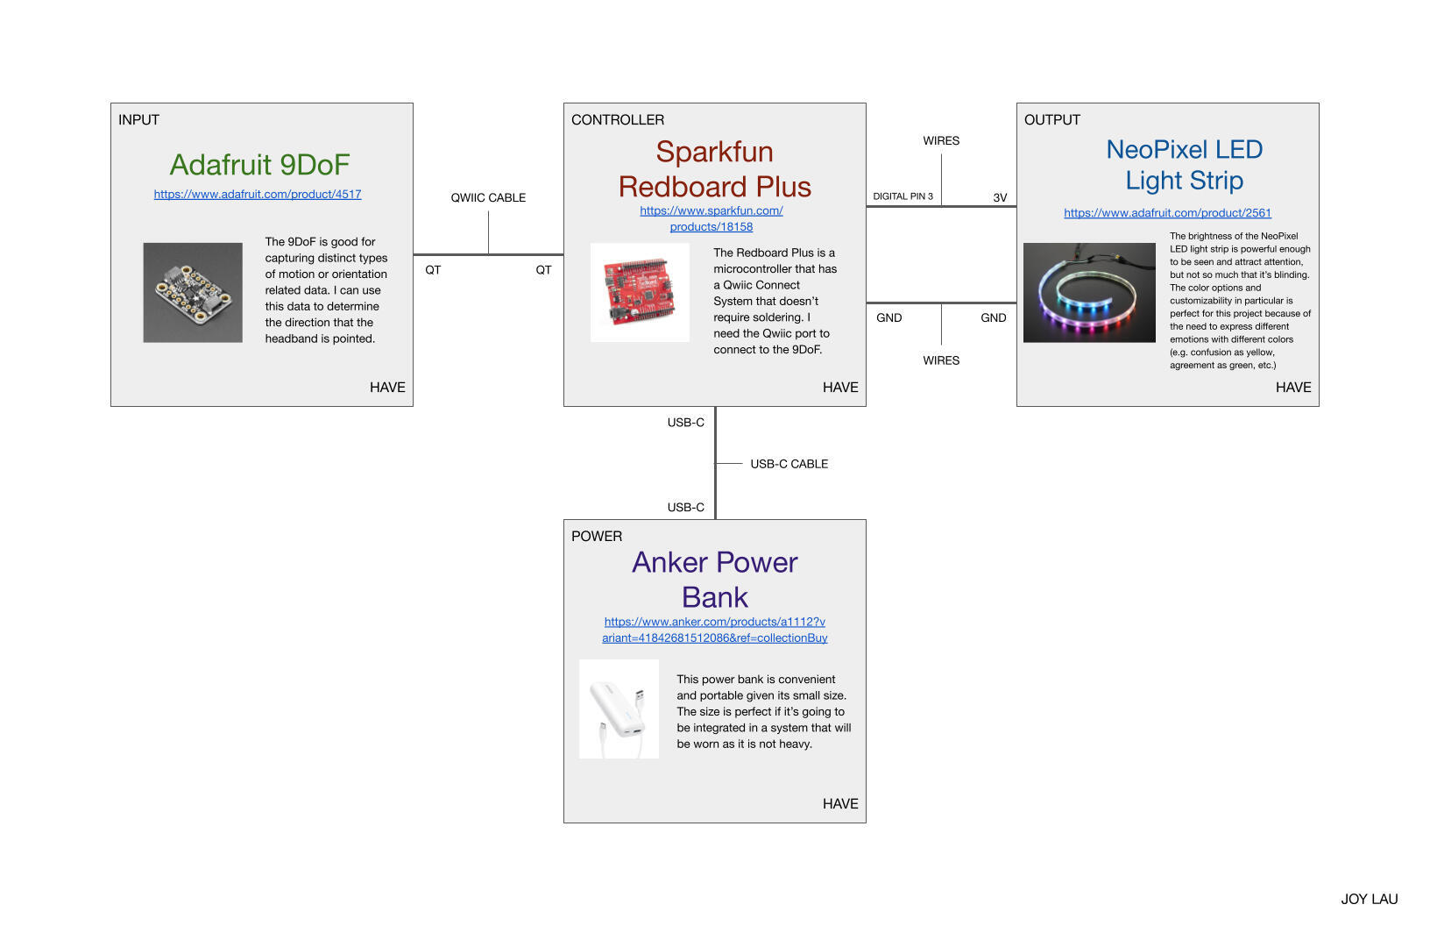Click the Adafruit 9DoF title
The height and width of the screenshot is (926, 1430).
[259, 165]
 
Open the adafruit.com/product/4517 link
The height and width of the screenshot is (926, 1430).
[258, 194]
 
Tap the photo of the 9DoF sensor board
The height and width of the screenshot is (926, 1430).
[193, 292]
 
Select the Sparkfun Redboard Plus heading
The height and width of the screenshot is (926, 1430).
[714, 169]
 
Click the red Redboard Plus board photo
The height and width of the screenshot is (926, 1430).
[640, 292]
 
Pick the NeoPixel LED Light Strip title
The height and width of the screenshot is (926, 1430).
[1184, 165]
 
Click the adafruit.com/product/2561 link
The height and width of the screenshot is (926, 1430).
[1167, 212]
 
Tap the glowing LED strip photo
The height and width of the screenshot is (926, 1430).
[1089, 292]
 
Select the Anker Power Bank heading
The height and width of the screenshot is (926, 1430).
[714, 580]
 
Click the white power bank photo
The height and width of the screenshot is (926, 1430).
[619, 709]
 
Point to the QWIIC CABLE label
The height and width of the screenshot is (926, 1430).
[488, 197]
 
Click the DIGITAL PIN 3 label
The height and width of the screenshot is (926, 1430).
[903, 196]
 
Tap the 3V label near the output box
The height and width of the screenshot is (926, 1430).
[1000, 197]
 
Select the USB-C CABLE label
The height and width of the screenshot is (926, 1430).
[789, 464]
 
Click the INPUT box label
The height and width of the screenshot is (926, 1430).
[138, 119]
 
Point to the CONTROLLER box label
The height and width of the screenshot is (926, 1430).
[618, 119]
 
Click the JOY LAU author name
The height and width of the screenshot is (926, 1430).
[1369, 899]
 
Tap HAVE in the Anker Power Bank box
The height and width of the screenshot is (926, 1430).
[840, 803]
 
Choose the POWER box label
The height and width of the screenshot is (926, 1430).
[597, 536]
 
